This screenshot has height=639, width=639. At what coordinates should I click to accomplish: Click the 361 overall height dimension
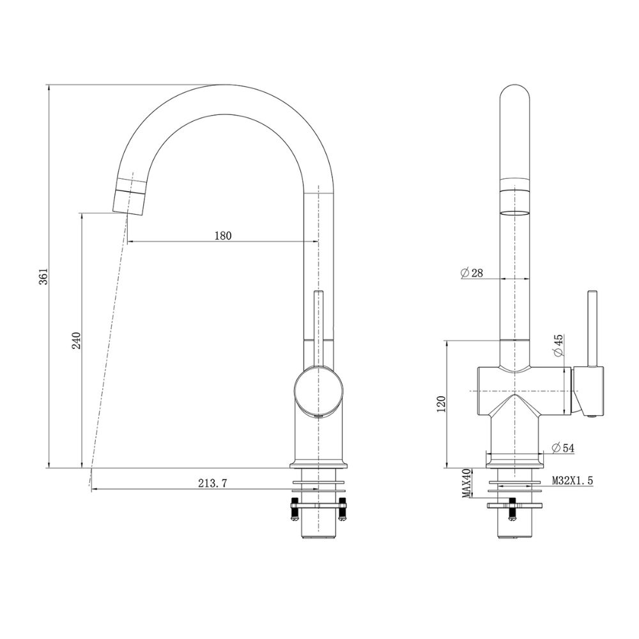click(43, 276)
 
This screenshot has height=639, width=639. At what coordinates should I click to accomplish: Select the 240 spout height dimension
click(75, 341)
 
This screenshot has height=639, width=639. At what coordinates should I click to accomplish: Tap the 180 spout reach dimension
click(222, 235)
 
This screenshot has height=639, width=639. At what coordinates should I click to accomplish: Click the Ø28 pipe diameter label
click(472, 273)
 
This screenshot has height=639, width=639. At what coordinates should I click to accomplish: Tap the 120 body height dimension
click(440, 404)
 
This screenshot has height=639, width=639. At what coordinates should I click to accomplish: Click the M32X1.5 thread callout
click(572, 479)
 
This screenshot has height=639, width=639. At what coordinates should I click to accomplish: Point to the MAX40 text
click(467, 484)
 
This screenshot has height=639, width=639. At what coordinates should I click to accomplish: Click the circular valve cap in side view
click(318, 389)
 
